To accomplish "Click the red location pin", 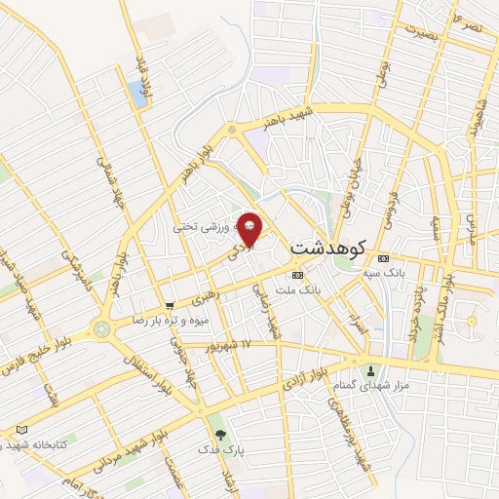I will click(250, 227).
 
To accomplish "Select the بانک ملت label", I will click(298, 289).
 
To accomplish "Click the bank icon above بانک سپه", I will click(382, 259).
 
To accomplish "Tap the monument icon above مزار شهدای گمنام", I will click(371, 369).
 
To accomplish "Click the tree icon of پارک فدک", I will click(218, 435).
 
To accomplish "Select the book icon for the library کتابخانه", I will click(21, 429).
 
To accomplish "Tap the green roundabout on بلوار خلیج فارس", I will click(101, 329).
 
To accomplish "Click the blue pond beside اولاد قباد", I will click(137, 94).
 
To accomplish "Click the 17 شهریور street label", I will click(230, 345).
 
